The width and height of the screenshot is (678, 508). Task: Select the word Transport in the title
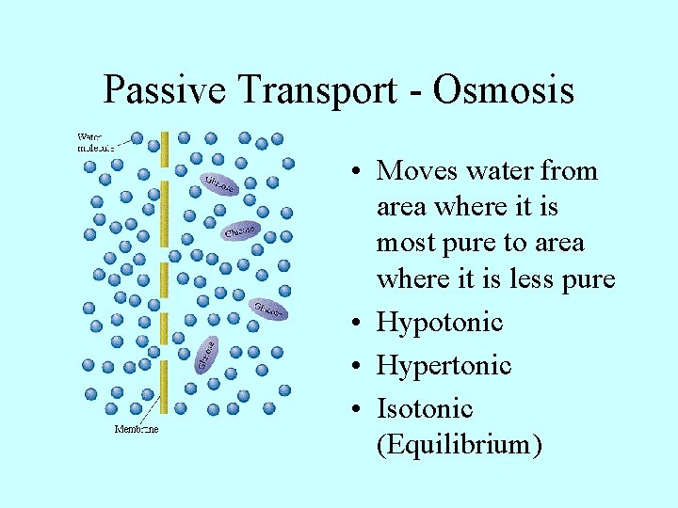pos(304,90)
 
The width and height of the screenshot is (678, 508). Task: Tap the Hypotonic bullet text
pos(440,323)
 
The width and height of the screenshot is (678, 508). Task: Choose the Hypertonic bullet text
pos(444,365)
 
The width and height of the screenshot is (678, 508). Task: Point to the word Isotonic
pos(425,408)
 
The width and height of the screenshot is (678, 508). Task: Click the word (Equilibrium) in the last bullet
pos(459,444)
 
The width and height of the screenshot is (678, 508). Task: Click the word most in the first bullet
pos(403,243)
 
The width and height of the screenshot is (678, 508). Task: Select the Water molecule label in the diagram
pos(95,142)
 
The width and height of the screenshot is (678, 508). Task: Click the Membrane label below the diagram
pos(137,430)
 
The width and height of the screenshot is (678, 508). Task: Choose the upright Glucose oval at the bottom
pos(206,354)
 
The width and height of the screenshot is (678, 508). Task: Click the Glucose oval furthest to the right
pos(268,309)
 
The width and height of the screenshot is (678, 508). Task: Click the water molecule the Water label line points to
pos(137,139)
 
